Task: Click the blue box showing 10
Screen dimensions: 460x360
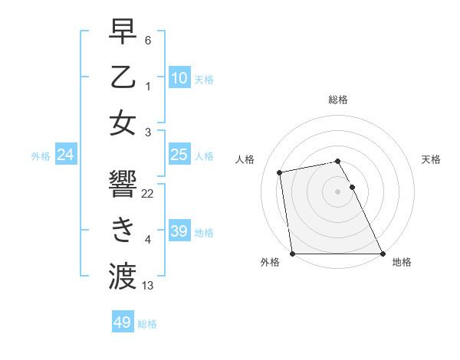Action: point(179,77)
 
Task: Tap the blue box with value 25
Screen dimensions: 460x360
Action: point(179,155)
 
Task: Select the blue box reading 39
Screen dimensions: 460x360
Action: point(179,231)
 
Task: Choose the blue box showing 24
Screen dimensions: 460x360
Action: point(66,155)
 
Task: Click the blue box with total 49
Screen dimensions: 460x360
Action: point(123,322)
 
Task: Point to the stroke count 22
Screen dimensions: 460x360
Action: point(148,194)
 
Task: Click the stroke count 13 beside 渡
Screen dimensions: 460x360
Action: point(148,286)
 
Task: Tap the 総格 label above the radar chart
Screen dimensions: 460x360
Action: point(337,100)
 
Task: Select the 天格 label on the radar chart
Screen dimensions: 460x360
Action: point(431,159)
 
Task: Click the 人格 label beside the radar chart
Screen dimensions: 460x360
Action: point(245,159)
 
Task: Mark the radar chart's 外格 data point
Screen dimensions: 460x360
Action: point(292,254)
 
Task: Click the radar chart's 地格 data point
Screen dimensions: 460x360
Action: point(383,254)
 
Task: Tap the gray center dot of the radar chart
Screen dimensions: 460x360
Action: point(337,191)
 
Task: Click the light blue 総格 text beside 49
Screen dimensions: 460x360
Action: point(147,324)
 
